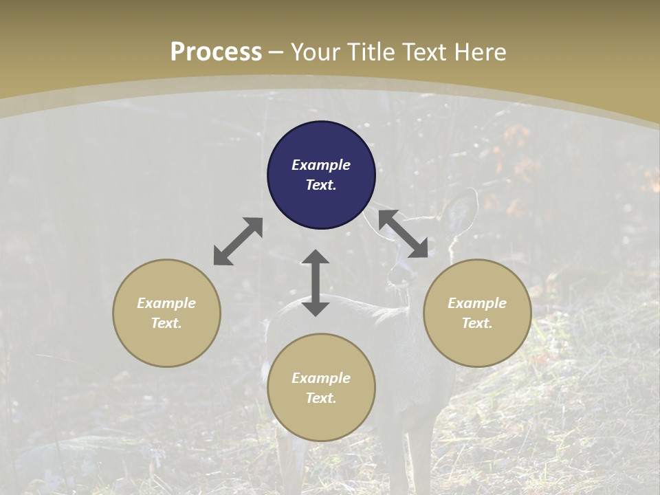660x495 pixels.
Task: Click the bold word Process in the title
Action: click(x=216, y=52)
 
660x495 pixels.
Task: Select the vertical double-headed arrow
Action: click(x=316, y=283)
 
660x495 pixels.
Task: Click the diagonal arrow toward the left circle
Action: click(x=238, y=241)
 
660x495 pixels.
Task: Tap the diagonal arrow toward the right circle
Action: click(x=404, y=234)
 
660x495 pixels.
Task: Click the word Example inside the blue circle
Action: click(x=321, y=165)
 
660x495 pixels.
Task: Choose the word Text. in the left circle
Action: click(x=166, y=323)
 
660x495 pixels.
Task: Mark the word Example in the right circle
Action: click(x=477, y=303)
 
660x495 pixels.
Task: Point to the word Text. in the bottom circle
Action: click(x=321, y=398)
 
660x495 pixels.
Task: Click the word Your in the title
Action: click(x=313, y=52)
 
